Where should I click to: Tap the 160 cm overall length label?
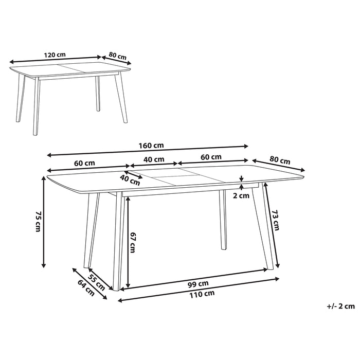coord(148,145)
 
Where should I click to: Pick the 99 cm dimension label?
coord(199,284)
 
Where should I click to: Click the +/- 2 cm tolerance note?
coord(340,306)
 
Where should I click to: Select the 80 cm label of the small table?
coord(118,55)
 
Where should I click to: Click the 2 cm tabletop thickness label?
coord(241,195)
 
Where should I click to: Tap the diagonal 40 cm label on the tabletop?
coord(130,179)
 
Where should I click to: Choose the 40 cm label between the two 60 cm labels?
coord(154,159)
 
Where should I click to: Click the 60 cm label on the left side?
coord(85,163)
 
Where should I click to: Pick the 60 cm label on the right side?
coord(211,157)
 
